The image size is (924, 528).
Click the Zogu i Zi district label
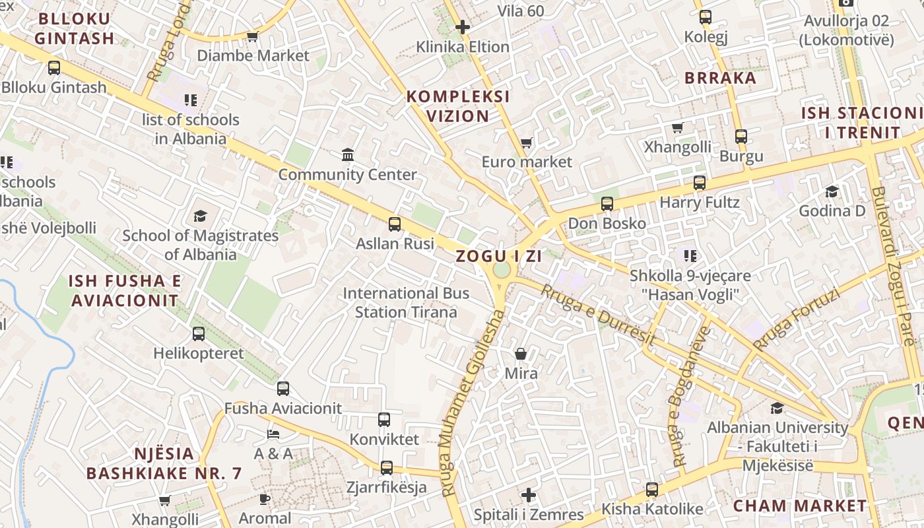coord(498,257)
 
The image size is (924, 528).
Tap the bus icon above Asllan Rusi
coord(395,224)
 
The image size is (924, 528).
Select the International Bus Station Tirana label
coord(406,302)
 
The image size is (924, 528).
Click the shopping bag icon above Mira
coord(521,354)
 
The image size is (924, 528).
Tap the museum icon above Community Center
coord(348,155)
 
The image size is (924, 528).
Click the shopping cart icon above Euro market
coord(526,143)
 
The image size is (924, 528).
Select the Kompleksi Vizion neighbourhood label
coord(458,106)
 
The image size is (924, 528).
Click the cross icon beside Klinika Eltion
coord(463,27)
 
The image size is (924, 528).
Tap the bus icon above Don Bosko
coord(607,204)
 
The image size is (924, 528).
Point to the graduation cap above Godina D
coord(832,191)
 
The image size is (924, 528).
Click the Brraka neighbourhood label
coord(720,78)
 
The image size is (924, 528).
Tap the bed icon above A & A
coord(273,434)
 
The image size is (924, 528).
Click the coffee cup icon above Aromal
coord(265,498)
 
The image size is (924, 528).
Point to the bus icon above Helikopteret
coord(199,334)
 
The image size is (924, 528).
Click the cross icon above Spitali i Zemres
coord(529,495)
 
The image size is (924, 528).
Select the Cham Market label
coord(800,506)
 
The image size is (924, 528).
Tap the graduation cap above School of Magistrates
coord(200,216)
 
